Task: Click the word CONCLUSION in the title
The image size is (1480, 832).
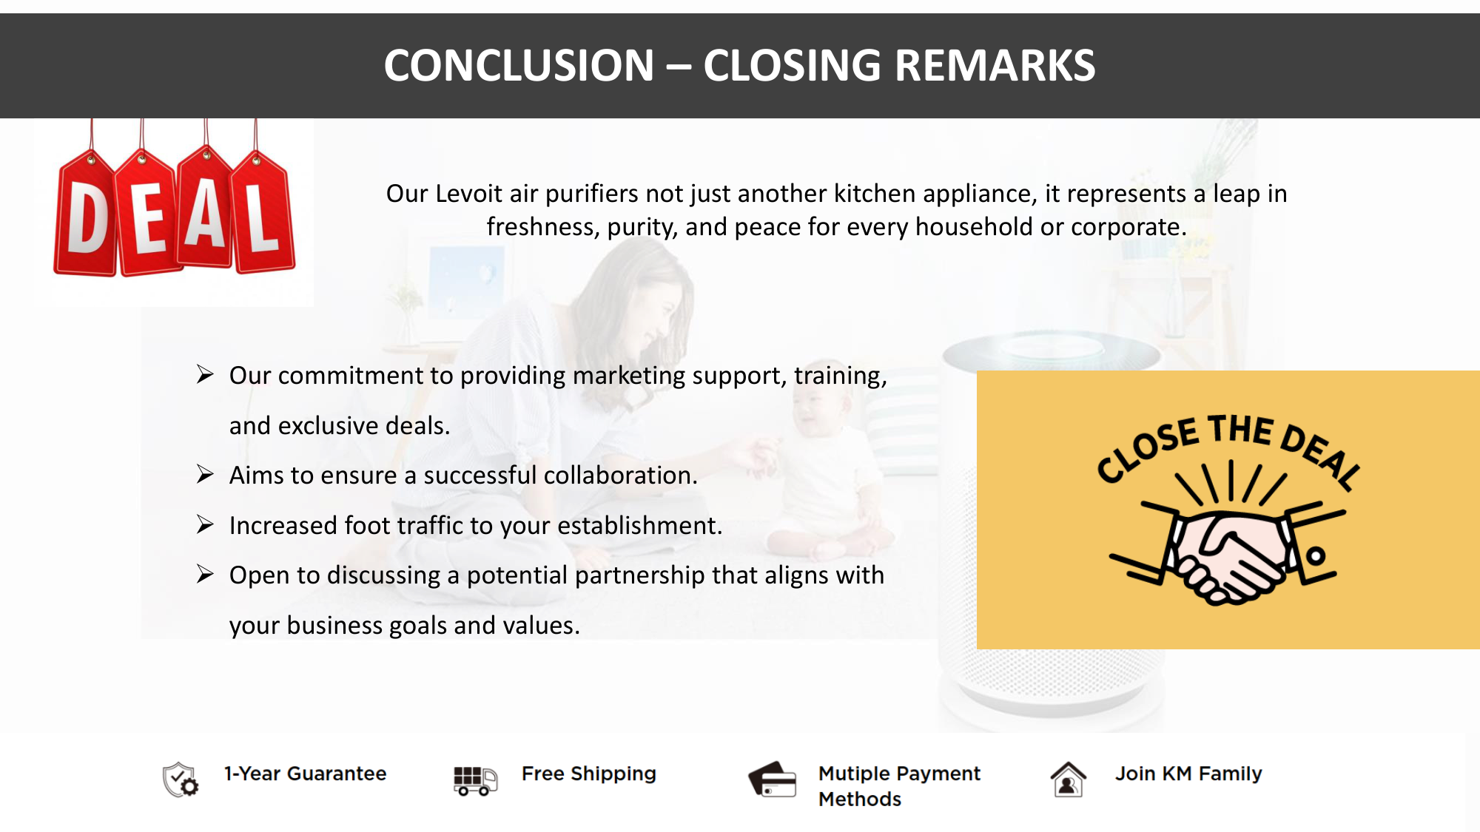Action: [x=519, y=65]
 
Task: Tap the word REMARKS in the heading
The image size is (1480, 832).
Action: [x=995, y=65]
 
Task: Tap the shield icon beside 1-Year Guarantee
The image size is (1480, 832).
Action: [x=180, y=779]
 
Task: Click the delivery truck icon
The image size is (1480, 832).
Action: [x=475, y=780]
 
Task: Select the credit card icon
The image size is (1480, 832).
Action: [x=773, y=779]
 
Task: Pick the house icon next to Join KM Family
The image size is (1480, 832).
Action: [x=1069, y=779]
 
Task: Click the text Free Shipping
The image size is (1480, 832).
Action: [x=589, y=774]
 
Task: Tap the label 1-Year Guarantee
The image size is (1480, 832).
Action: [x=306, y=774]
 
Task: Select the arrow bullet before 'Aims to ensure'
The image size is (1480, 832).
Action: [x=205, y=474]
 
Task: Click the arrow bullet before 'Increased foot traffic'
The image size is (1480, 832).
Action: [x=205, y=524]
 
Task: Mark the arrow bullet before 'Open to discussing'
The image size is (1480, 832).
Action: [x=205, y=574]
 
